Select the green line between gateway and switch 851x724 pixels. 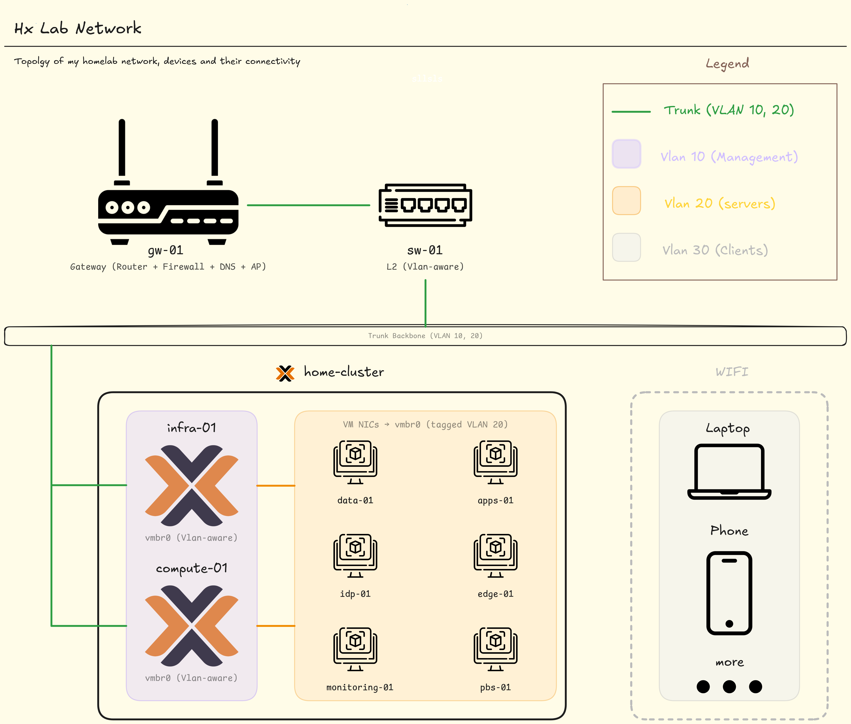[x=308, y=205]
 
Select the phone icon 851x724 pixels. [x=729, y=593]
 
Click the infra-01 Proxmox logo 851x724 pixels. [x=192, y=485]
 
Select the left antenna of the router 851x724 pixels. [x=122, y=148]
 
